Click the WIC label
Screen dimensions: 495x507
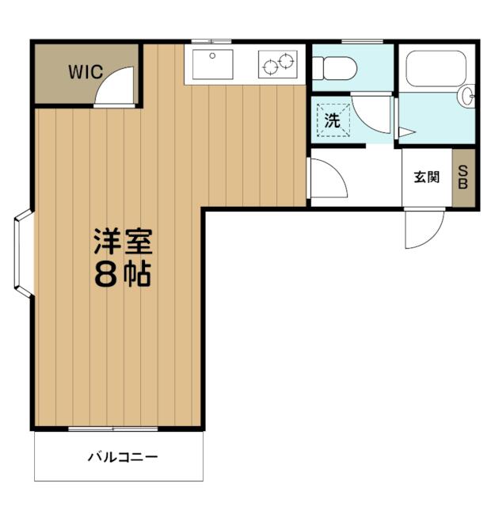[86, 72]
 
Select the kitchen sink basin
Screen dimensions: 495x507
[212, 64]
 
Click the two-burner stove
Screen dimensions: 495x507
[278, 64]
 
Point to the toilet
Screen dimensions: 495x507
[334, 68]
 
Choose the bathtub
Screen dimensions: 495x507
[436, 68]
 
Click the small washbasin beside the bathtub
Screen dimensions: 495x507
[466, 96]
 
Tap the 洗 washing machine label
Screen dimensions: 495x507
[333, 120]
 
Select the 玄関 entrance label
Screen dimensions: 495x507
[427, 177]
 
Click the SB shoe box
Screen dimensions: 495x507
[463, 177]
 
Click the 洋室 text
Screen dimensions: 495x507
[123, 242]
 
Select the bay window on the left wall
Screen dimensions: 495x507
[23, 253]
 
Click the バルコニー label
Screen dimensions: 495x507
[123, 458]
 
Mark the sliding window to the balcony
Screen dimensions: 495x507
[112, 429]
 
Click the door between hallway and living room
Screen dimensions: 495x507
[326, 177]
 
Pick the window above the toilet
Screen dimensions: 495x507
[362, 41]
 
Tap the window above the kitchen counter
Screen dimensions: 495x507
[211, 41]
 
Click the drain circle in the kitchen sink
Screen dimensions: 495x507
[212, 56]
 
